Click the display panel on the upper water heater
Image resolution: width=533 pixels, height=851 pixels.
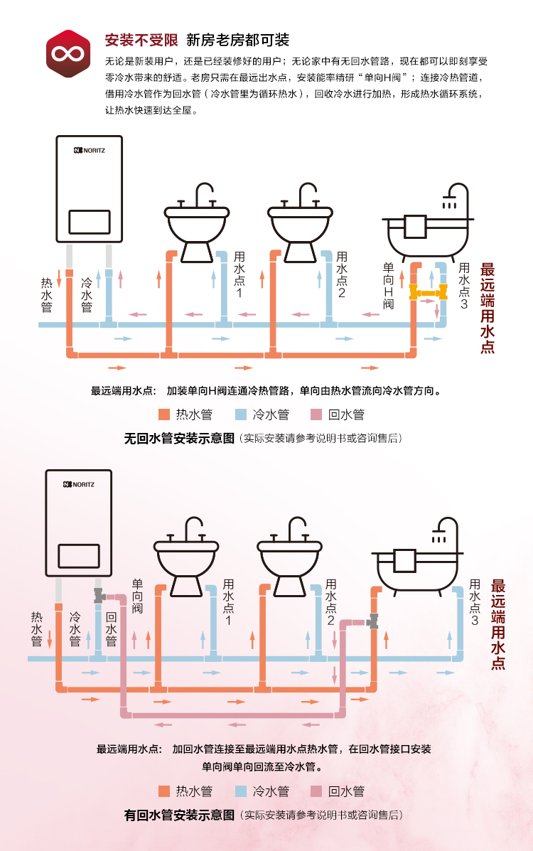pyautogui.click(x=89, y=222)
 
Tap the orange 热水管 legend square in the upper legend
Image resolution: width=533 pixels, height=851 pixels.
pyautogui.click(x=164, y=414)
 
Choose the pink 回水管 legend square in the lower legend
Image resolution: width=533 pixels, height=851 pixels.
pyautogui.click(x=317, y=791)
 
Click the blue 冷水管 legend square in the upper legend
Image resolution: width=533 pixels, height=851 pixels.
pyautogui.click(x=241, y=414)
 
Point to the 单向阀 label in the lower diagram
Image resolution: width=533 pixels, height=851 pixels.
pyautogui.click(x=138, y=597)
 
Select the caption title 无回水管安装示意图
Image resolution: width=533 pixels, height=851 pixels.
pyautogui.click(x=178, y=439)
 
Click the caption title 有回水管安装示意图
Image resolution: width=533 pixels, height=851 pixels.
pyautogui.click(x=178, y=815)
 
